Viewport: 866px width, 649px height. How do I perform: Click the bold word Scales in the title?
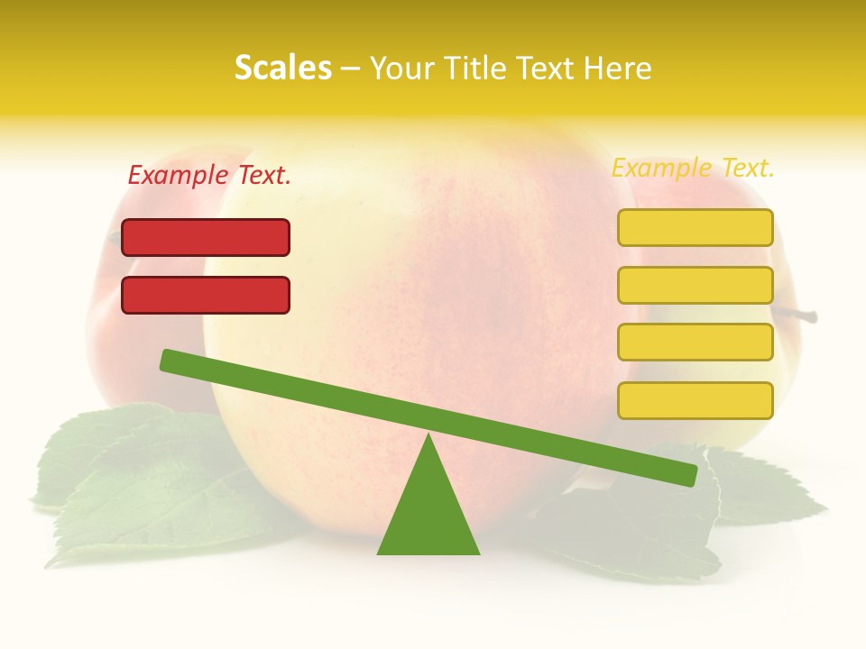tap(282, 68)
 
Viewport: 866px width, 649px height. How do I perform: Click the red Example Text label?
tap(209, 175)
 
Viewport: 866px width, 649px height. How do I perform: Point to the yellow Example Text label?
tap(693, 168)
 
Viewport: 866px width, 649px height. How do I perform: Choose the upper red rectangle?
tap(206, 237)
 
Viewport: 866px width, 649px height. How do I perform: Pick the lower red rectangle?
tap(206, 295)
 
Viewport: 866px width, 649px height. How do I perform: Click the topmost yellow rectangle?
tap(695, 227)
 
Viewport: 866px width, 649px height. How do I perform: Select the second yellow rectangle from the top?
tap(695, 285)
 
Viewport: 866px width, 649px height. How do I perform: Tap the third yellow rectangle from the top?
tap(695, 342)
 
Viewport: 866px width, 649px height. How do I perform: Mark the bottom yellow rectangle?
tap(695, 400)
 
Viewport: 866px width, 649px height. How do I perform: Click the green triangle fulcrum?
tap(428, 514)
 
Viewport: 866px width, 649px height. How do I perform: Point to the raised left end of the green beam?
tap(168, 360)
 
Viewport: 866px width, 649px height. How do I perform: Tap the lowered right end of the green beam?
tap(689, 475)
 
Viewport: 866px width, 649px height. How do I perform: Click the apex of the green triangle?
tap(429, 436)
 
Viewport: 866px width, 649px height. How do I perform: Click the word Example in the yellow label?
tap(661, 168)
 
